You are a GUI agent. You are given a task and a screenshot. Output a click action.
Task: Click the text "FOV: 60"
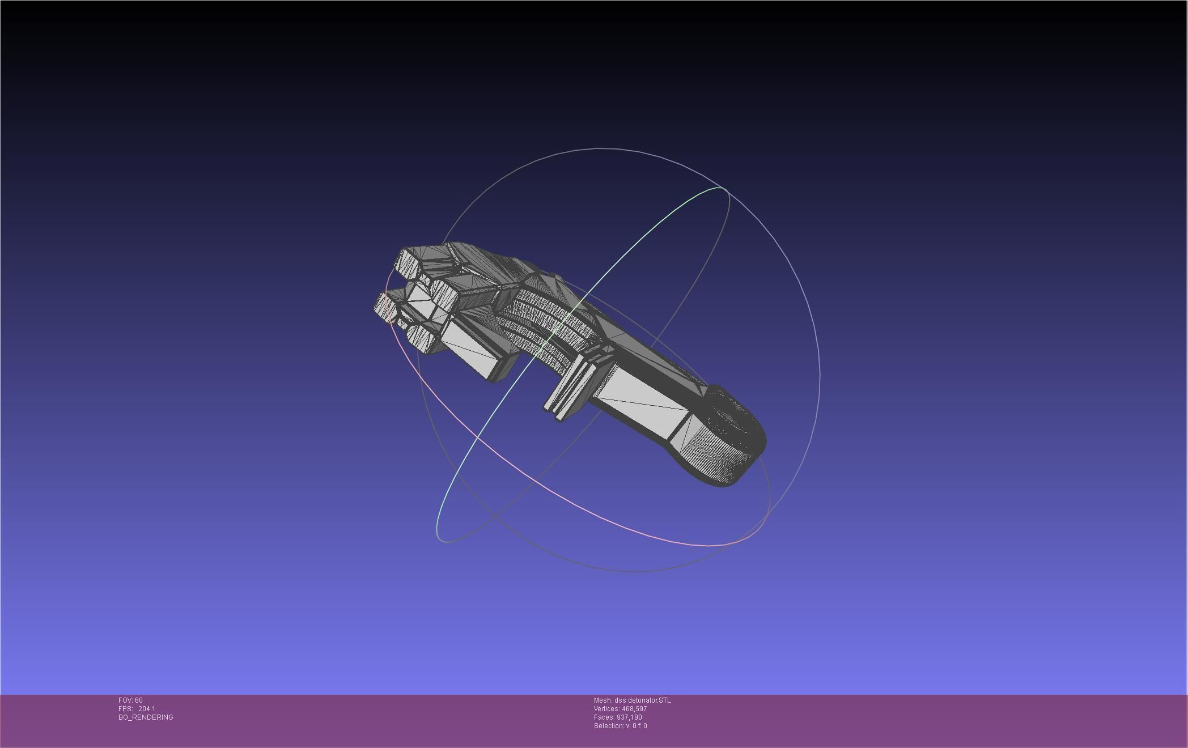coord(130,700)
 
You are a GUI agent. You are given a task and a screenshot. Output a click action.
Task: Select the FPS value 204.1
coord(146,709)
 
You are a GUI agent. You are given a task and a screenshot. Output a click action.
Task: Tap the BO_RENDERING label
coord(146,717)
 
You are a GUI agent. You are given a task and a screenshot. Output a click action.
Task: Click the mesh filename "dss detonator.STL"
coord(642,700)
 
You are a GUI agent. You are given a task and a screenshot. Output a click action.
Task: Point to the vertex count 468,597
coord(634,709)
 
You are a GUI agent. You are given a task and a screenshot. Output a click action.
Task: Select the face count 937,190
coord(629,717)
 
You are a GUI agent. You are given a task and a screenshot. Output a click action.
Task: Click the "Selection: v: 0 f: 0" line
coord(620,726)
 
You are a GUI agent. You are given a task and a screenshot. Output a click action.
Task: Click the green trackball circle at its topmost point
coord(721,188)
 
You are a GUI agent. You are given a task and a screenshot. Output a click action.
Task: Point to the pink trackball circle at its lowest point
coord(708,546)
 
